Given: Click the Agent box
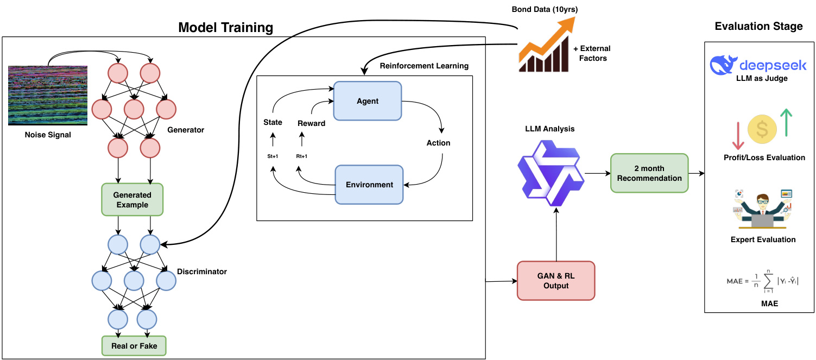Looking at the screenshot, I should (368, 101).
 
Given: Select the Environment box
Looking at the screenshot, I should (369, 185).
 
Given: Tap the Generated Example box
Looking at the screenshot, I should (132, 200).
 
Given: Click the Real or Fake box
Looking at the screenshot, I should (134, 345).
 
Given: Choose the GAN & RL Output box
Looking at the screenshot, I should (555, 280).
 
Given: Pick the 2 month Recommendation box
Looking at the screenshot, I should (649, 173).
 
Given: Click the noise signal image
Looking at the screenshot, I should (48, 96).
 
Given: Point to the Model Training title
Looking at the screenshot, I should (225, 27).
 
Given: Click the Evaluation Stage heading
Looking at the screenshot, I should (758, 26).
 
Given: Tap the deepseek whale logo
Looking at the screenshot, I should (724, 65).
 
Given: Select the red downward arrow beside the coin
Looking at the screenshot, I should (737, 135).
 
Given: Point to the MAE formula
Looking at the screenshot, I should (762, 281).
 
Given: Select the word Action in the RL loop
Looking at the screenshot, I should (438, 143).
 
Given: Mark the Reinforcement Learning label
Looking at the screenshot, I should (424, 66).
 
